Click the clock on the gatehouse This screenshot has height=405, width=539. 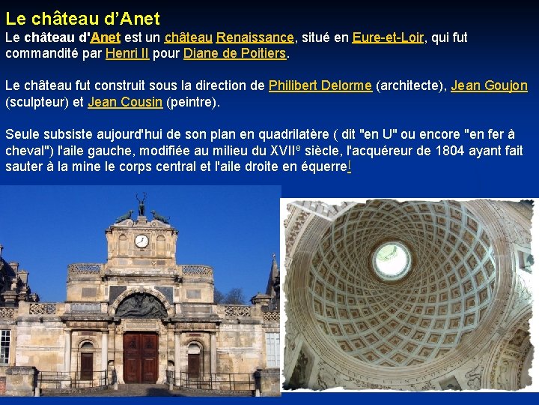coord(141,241)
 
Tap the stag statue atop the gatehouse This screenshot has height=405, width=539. coord(141,204)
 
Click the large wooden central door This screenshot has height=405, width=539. coord(141,358)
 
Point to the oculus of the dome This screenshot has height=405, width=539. coord(392,260)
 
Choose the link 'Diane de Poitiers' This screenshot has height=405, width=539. coord(234,53)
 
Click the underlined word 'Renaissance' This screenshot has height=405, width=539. coord(255,37)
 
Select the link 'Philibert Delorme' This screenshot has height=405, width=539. coord(320,85)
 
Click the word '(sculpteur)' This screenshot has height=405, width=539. coord(38,102)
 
